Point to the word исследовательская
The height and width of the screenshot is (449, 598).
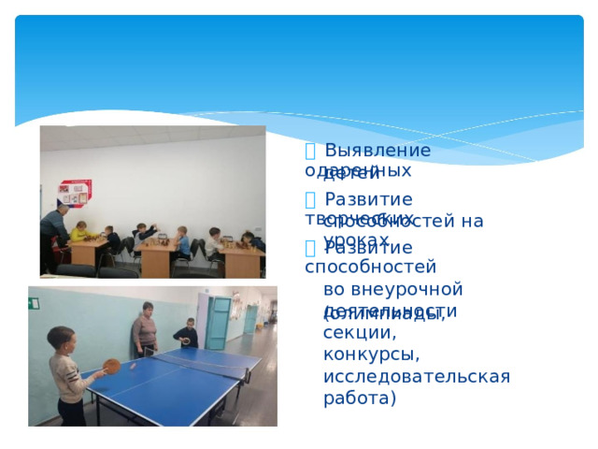[416, 376]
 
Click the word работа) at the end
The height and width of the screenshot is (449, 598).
[360, 398]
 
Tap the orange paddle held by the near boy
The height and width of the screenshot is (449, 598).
[111, 366]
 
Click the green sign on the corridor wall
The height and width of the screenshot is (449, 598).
[34, 303]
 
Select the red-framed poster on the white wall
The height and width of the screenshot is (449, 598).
[74, 193]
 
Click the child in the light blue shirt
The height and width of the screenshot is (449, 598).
[180, 240]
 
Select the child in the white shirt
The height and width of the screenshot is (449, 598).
[216, 240]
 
